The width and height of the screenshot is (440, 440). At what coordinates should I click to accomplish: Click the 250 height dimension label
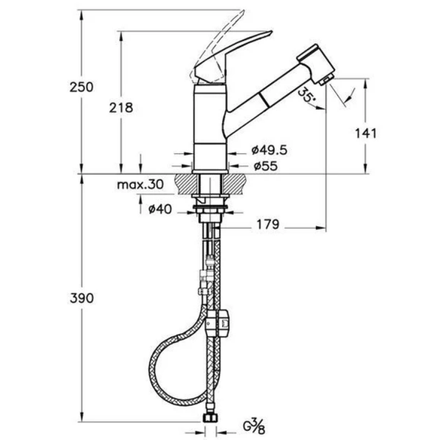[x=81, y=87]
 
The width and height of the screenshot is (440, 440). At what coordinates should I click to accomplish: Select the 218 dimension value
[x=121, y=107]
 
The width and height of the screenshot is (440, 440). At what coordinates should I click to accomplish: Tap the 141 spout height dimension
[x=366, y=133]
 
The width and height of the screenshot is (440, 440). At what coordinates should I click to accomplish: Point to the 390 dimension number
[x=82, y=298]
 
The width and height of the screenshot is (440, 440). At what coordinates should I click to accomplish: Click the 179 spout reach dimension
[x=268, y=224]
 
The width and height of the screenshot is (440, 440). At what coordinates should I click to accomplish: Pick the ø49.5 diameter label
[x=269, y=150]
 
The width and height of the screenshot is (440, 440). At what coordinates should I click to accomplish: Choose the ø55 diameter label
[x=265, y=166]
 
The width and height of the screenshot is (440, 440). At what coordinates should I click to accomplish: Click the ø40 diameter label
[x=160, y=209]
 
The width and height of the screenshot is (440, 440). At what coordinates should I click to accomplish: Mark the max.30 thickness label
[x=140, y=185]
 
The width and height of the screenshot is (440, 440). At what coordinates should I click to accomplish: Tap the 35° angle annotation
[x=305, y=95]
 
